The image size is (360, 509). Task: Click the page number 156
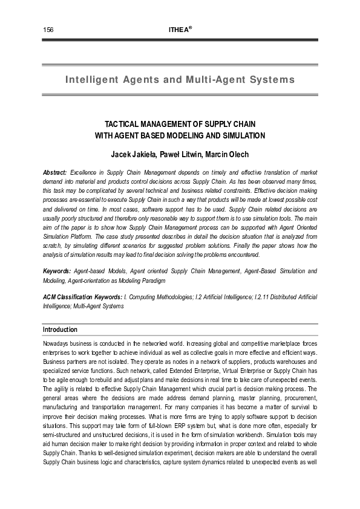pyautogui.click(x=48, y=30)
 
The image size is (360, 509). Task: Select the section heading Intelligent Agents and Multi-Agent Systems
pyautogui.click(x=180, y=80)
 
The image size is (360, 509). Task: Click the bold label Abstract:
pyautogui.click(x=55, y=172)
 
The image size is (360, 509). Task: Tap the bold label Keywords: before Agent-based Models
pyautogui.click(x=57, y=271)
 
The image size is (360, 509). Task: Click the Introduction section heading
pyautogui.click(x=60, y=329)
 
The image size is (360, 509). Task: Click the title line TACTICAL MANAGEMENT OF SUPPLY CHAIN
pyautogui.click(x=180, y=123)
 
